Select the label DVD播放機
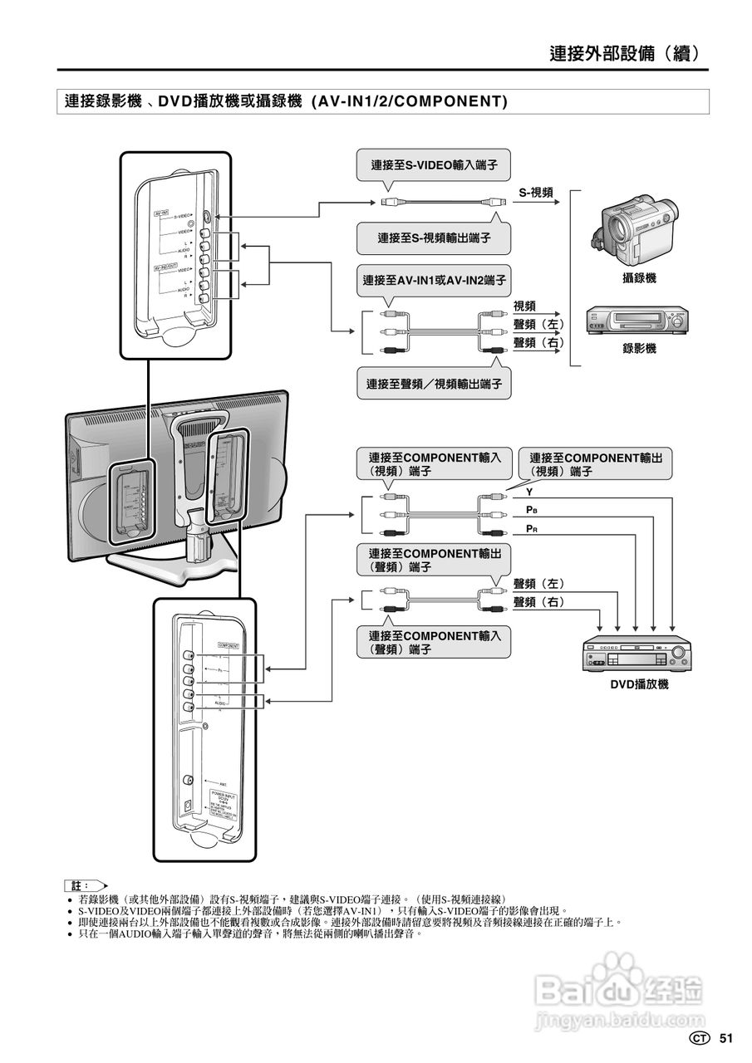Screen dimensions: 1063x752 click(x=639, y=684)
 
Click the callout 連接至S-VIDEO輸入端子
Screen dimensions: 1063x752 click(x=434, y=165)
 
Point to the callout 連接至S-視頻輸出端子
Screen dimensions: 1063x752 click(x=434, y=238)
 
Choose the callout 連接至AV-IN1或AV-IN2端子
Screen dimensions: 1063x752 click(x=435, y=281)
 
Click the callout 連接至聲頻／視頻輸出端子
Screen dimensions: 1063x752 click(x=435, y=385)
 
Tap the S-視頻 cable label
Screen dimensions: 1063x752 click(x=537, y=193)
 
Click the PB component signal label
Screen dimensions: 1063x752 click(x=532, y=509)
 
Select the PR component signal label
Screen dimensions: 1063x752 click(x=532, y=528)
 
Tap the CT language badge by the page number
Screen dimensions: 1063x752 click(x=700, y=1038)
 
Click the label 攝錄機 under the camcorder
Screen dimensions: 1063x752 click(x=639, y=278)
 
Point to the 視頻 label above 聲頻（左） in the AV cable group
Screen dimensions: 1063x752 click(x=525, y=306)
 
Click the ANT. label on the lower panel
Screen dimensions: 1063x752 click(x=224, y=783)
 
